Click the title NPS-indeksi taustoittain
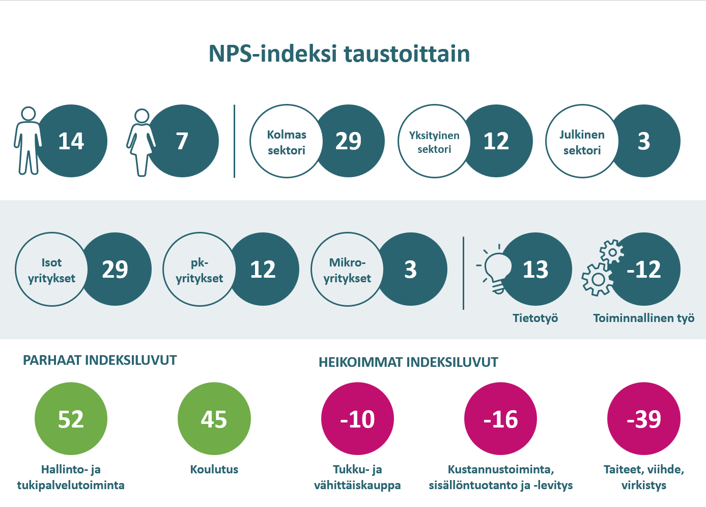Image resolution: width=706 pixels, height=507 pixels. click(339, 54)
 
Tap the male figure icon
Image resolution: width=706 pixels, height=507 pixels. click(27, 141)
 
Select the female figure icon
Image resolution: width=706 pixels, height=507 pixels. click(141, 143)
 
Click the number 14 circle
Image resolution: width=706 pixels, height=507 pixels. click(71, 141)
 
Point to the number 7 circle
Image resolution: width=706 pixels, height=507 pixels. click(182, 141)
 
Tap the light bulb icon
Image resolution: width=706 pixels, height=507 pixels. click(494, 269)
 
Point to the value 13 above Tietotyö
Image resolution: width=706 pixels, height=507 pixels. click(535, 269)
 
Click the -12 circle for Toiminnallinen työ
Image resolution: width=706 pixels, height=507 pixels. click(644, 269)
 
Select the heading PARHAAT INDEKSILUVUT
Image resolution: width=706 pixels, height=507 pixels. click(100, 360)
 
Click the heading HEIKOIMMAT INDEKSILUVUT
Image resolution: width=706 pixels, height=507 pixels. click(408, 362)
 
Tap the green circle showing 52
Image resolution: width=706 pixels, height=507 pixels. click(71, 419)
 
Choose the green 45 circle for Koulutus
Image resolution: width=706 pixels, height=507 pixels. click(214, 419)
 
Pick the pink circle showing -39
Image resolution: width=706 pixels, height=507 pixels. click(644, 419)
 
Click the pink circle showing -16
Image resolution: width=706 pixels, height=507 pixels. click(500, 419)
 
